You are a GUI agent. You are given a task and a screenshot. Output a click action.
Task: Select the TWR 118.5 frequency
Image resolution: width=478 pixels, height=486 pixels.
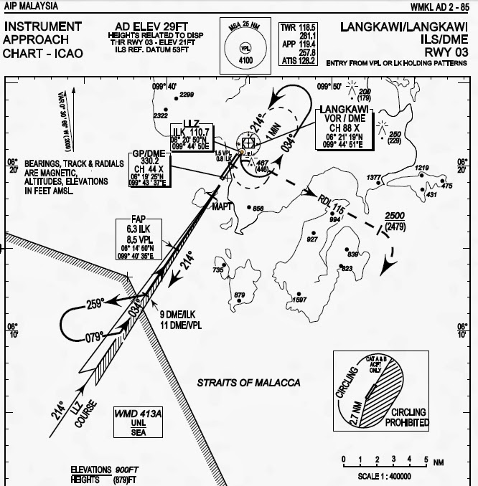pos(299,27)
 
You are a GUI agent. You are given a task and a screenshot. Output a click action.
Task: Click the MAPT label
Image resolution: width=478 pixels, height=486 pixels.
pos(222,206)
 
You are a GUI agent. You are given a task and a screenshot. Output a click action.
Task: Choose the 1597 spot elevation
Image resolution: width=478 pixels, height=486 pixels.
pos(301,299)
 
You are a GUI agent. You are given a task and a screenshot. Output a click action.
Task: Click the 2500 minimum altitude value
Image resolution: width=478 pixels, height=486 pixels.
pos(395,216)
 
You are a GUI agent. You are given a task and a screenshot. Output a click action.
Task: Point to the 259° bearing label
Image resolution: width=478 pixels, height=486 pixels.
pos(95,303)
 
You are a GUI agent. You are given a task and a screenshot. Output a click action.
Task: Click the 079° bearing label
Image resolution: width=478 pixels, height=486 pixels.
pos(95,335)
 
